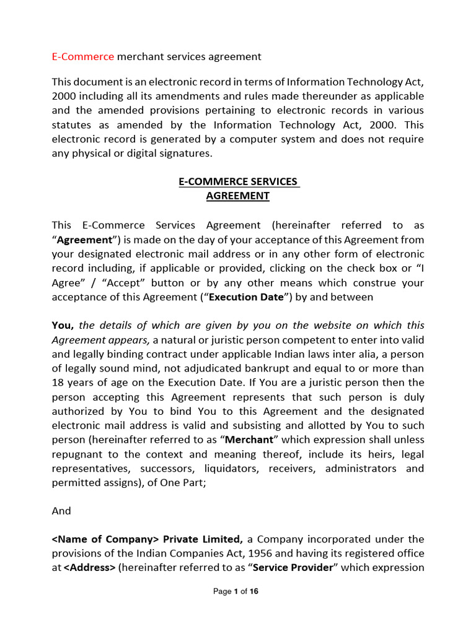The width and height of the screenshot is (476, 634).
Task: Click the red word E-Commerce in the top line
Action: pos(82,57)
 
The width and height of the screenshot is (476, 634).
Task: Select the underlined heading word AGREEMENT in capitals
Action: pos(238,196)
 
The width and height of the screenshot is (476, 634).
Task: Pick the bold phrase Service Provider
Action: pos(293,567)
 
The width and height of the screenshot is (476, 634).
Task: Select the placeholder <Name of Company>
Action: pos(105,539)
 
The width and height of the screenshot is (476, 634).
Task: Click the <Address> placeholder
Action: pos(89,567)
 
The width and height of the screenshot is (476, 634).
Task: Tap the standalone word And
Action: pos(61,511)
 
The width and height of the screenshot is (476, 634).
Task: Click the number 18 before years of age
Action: pos(58,383)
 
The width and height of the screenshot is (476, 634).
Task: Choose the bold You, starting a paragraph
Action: pos(63,325)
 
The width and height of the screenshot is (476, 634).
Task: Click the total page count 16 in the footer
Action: pos(253,591)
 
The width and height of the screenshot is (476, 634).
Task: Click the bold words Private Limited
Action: pos(202,539)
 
